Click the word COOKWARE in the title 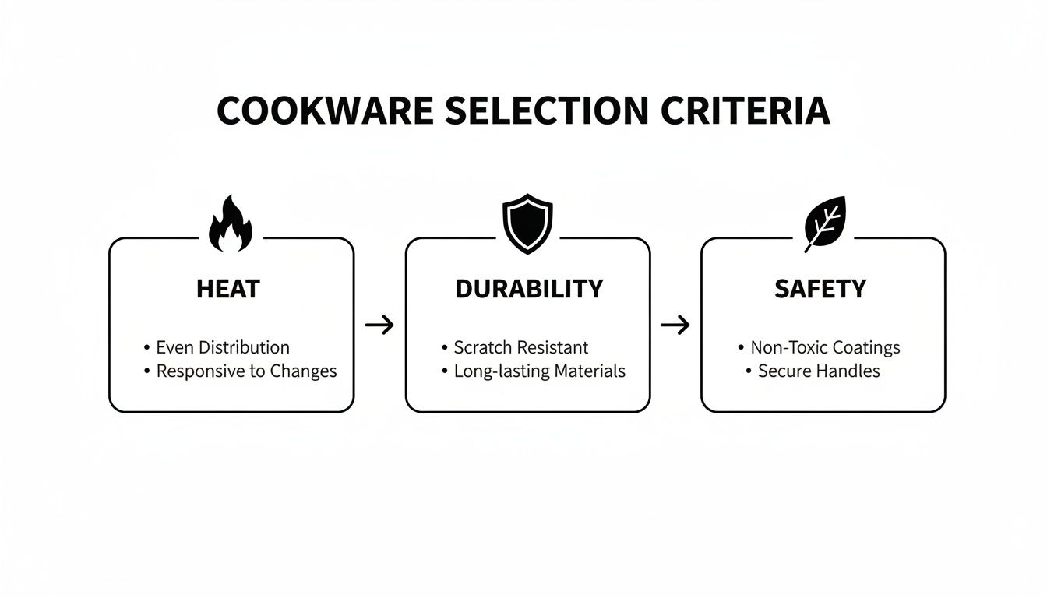coord(325,111)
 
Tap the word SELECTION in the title coord(547,111)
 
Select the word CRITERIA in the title coord(746,111)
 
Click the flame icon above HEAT coord(231,223)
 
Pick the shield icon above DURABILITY coord(527,223)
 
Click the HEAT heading coord(228,289)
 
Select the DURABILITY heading coord(529,289)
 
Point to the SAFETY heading coord(820,289)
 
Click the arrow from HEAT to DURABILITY coord(379,325)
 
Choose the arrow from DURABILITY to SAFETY coord(675,325)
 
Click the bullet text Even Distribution coord(223,347)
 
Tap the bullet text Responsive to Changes coord(246,371)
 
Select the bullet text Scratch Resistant coord(520,347)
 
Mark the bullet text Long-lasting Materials coord(539,371)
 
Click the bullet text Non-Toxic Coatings coord(826,347)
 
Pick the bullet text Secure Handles coord(819,371)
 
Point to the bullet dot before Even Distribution coord(146,347)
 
